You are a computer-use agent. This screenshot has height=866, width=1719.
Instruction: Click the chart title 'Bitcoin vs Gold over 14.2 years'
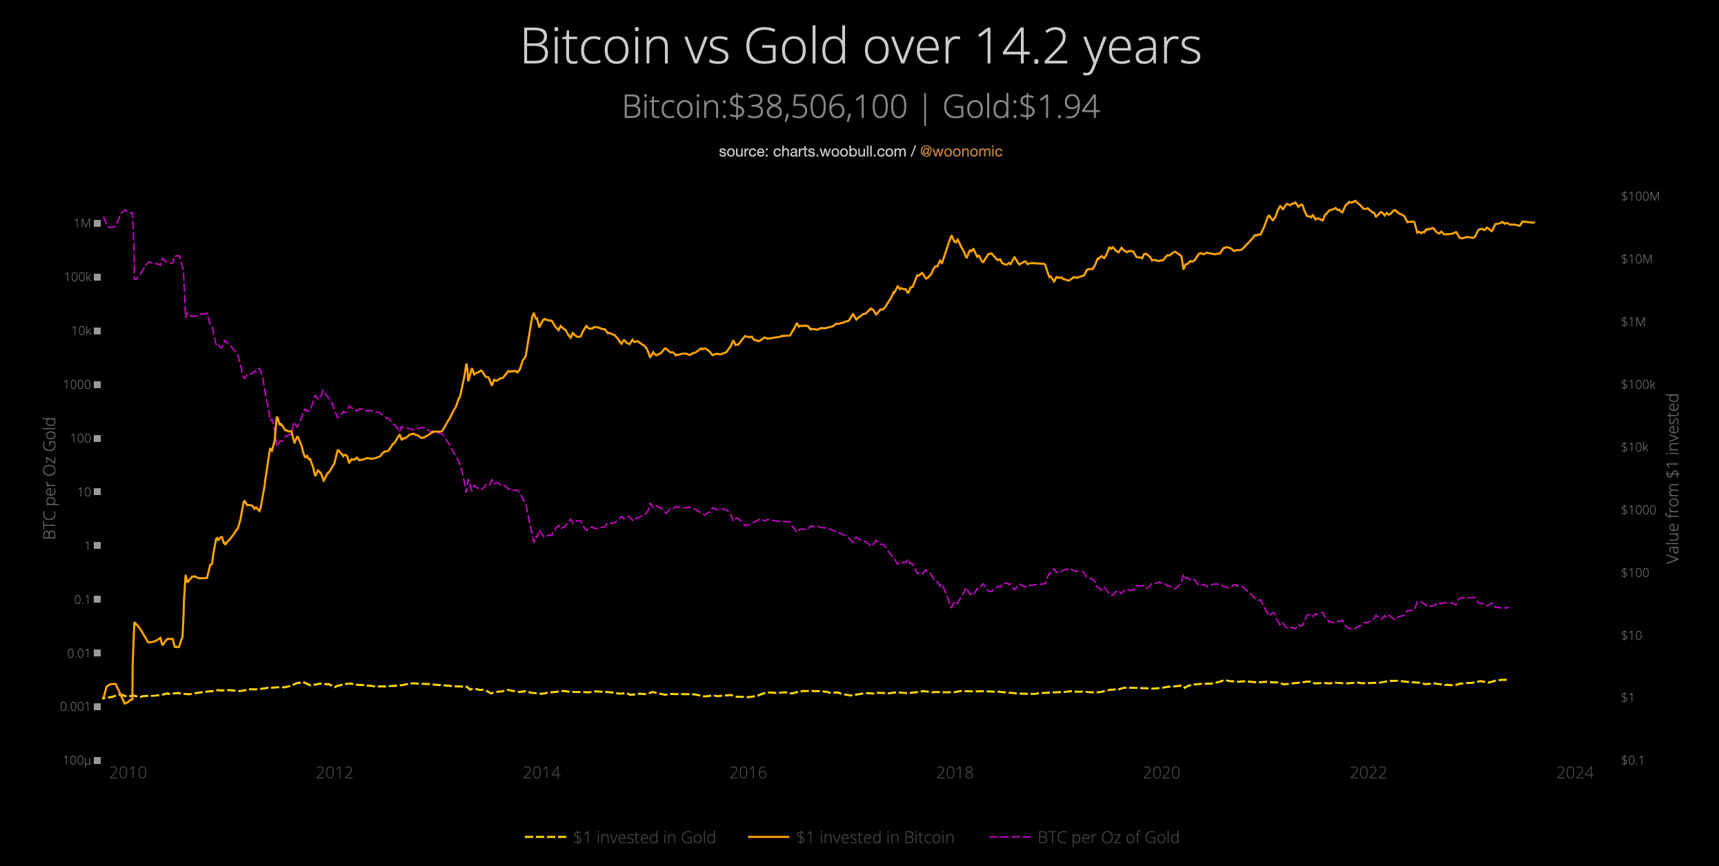pos(860,47)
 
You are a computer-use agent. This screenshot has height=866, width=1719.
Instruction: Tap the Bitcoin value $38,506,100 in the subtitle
pos(817,108)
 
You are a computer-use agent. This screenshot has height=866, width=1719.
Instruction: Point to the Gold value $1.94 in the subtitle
pos(1059,108)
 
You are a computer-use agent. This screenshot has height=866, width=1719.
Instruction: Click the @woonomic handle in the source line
pos(961,152)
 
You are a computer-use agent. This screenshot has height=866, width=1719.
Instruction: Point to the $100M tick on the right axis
pos(1640,197)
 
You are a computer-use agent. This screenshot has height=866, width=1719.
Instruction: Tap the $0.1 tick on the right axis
pos(1632,761)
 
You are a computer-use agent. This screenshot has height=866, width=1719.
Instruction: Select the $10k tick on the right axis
pos(1634,447)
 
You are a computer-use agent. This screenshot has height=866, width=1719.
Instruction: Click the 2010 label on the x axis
pos(128,773)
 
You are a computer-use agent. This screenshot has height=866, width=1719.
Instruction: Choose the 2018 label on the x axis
pos(955,773)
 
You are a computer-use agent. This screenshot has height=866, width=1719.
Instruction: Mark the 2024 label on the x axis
pos(1575,773)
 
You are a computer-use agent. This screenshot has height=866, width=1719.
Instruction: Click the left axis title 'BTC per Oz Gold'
pos(50,478)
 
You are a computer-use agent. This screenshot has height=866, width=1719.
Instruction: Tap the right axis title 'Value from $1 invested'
pos(1672,478)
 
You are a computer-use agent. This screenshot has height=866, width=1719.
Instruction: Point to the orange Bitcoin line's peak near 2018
pos(952,236)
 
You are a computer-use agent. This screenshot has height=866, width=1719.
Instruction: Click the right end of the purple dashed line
pos(1509,607)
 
